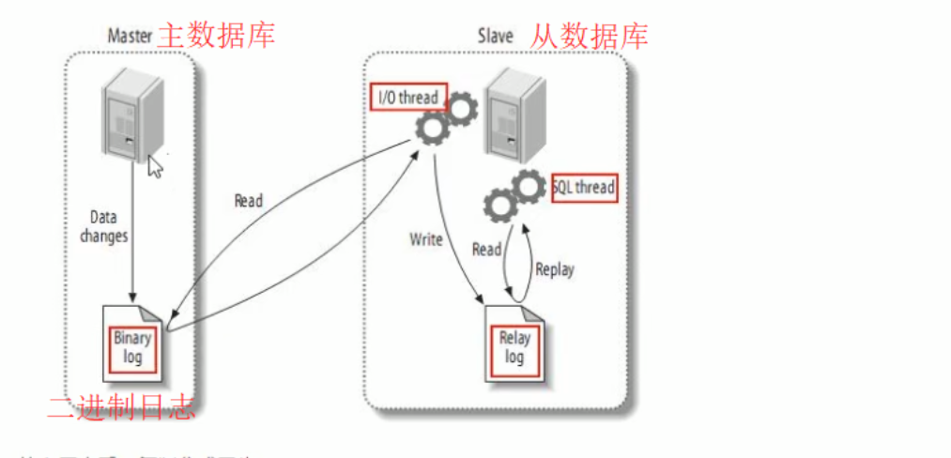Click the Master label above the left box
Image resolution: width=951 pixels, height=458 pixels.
point(130,37)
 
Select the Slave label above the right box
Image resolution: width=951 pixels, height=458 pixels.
point(495,37)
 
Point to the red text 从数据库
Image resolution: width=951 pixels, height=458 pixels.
point(589,36)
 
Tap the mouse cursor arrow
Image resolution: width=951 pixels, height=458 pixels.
point(156,166)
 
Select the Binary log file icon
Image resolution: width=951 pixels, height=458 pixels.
point(132,345)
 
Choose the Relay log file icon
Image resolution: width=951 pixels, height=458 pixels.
point(514,346)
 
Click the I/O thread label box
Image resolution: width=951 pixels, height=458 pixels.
point(408,97)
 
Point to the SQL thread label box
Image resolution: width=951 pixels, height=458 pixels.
point(583,187)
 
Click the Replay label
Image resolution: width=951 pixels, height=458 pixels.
point(554,268)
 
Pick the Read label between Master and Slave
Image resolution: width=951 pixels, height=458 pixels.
point(248,201)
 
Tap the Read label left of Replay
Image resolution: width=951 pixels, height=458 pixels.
point(486,250)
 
